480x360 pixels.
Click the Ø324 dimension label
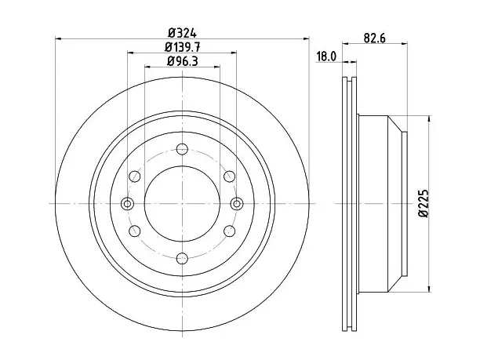pyautogui.click(x=183, y=32)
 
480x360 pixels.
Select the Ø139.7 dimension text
pyautogui.click(x=183, y=47)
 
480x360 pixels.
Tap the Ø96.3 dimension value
pyautogui.click(x=183, y=61)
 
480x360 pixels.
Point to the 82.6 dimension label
pyautogui.click(x=375, y=38)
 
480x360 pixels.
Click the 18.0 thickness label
pyautogui.click(x=326, y=56)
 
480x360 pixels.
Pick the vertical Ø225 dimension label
pyautogui.click(x=424, y=204)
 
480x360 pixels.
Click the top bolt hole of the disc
pyautogui.click(x=182, y=149)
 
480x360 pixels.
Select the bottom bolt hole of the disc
pyautogui.click(x=182, y=258)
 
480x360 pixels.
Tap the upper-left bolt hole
pyautogui.click(x=135, y=176)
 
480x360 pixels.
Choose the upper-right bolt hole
pyautogui.click(x=229, y=176)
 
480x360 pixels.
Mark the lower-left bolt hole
pyautogui.click(x=135, y=231)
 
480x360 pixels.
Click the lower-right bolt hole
pyautogui.click(x=229, y=231)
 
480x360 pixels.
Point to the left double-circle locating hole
pyautogui.click(x=127, y=204)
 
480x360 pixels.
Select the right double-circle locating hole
pyautogui.click(x=237, y=204)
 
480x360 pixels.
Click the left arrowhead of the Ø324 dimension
pyautogui.click(x=59, y=39)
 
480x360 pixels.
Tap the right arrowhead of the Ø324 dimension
pyautogui.click(x=306, y=39)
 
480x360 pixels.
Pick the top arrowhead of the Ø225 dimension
pyautogui.click(x=430, y=119)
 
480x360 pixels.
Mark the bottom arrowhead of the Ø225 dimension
pyautogui.click(x=430, y=289)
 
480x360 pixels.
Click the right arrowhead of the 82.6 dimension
pyautogui.click(x=404, y=44)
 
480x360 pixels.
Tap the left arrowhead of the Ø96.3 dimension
pyautogui.click(x=148, y=66)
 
